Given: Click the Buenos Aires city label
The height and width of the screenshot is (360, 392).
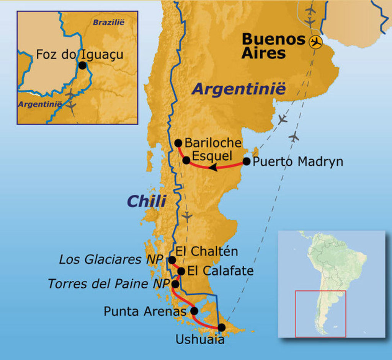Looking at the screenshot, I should point(273,46).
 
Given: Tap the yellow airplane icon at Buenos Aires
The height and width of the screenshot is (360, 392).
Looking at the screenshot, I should point(316,42).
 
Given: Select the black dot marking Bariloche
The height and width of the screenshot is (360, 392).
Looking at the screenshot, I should point(178,143).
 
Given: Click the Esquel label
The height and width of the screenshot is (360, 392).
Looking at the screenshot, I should point(212,156).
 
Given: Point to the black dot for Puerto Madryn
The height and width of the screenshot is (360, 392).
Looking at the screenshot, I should point(247,161).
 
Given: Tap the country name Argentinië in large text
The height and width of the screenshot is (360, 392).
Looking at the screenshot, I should point(238,89).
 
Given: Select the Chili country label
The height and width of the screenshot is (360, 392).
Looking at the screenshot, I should point(147,201).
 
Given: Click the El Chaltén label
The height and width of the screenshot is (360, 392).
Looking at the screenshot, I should point(207,251).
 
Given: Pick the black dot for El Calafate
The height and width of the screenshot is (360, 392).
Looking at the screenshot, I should point(181,271).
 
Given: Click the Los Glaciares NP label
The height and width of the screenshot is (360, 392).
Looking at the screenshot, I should point(111,259).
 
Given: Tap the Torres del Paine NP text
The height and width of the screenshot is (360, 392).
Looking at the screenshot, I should point(108,284).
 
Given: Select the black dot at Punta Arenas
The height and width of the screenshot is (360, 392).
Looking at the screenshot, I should point(194,311).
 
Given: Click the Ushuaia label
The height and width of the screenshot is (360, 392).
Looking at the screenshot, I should point(200,339).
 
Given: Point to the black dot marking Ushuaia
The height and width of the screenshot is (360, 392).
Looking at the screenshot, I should point(221,327).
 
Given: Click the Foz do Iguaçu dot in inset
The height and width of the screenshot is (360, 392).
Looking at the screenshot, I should point(82,65).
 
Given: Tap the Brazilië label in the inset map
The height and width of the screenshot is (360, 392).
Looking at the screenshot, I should point(109,22).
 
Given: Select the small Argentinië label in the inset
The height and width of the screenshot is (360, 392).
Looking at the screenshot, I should point(40,104).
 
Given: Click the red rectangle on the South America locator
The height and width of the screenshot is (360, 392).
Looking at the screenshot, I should point(320,314).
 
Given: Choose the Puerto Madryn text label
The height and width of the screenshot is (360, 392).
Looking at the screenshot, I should point(298,161).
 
